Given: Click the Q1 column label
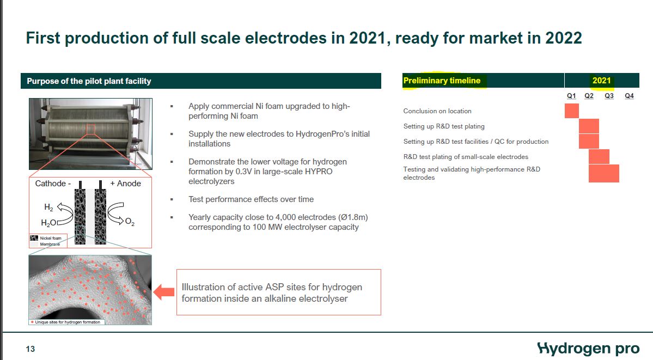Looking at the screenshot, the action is (571, 96).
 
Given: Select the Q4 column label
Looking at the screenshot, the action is (629, 96).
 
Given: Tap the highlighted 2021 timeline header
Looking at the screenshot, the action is (601, 81).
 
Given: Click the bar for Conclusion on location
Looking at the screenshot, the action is (572, 111).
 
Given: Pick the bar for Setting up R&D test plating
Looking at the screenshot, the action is (589, 126).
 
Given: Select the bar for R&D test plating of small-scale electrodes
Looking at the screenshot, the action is (599, 157).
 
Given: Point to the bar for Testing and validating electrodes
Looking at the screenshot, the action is (604, 173).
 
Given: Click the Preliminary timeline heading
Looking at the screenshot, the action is (442, 81).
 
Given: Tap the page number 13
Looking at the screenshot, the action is (30, 349).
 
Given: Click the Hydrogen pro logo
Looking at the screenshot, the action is (588, 349).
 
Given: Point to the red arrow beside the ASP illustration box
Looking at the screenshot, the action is (164, 292).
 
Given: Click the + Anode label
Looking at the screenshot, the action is (125, 184).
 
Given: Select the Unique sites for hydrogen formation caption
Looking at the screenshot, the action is (66, 322).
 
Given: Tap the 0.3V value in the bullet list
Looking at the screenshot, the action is (245, 171).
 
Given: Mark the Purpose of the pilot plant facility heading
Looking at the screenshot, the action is (89, 81).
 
